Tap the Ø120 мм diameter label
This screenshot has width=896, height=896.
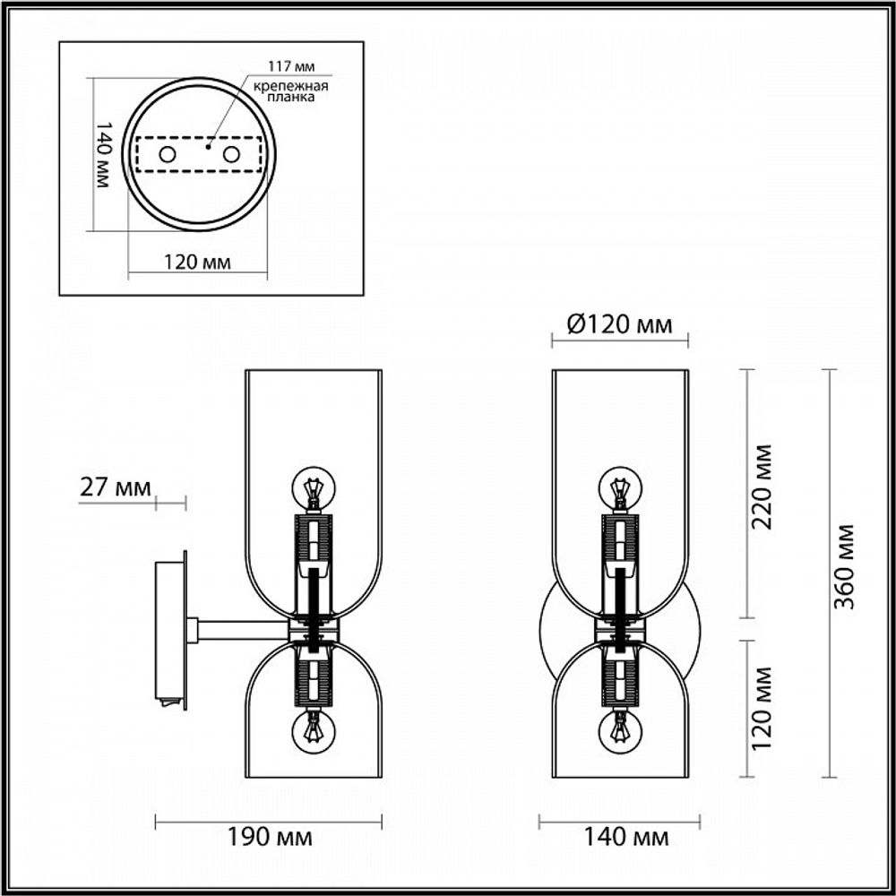[x=620, y=323]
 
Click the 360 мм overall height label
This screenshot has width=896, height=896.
[x=844, y=566]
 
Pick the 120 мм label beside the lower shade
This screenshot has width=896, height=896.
[x=763, y=709]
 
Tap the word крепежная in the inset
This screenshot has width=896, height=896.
[x=289, y=86]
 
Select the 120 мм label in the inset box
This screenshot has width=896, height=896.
[x=197, y=263]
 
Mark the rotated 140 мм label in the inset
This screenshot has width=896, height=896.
[x=102, y=154]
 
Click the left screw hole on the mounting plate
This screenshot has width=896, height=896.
[x=168, y=155]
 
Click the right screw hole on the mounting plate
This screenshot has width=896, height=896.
[x=232, y=155]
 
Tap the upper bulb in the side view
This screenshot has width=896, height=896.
[x=314, y=488]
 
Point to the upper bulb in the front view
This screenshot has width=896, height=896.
[x=619, y=488]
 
